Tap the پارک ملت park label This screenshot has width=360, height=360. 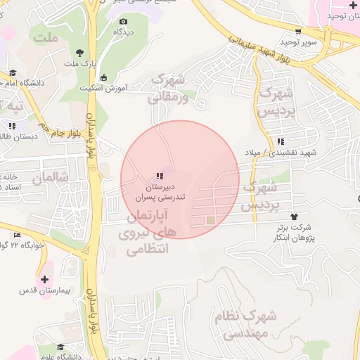[x=79, y=64]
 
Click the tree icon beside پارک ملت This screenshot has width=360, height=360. [x=79, y=53]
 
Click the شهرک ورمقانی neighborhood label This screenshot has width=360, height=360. [x=172, y=88]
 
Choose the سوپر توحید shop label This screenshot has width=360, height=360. [x=300, y=42]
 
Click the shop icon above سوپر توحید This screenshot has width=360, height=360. [x=298, y=32]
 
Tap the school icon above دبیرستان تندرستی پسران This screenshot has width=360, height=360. [x=159, y=175]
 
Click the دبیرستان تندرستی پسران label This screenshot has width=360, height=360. [x=160, y=193]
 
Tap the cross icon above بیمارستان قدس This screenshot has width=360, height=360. [x=45, y=279]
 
